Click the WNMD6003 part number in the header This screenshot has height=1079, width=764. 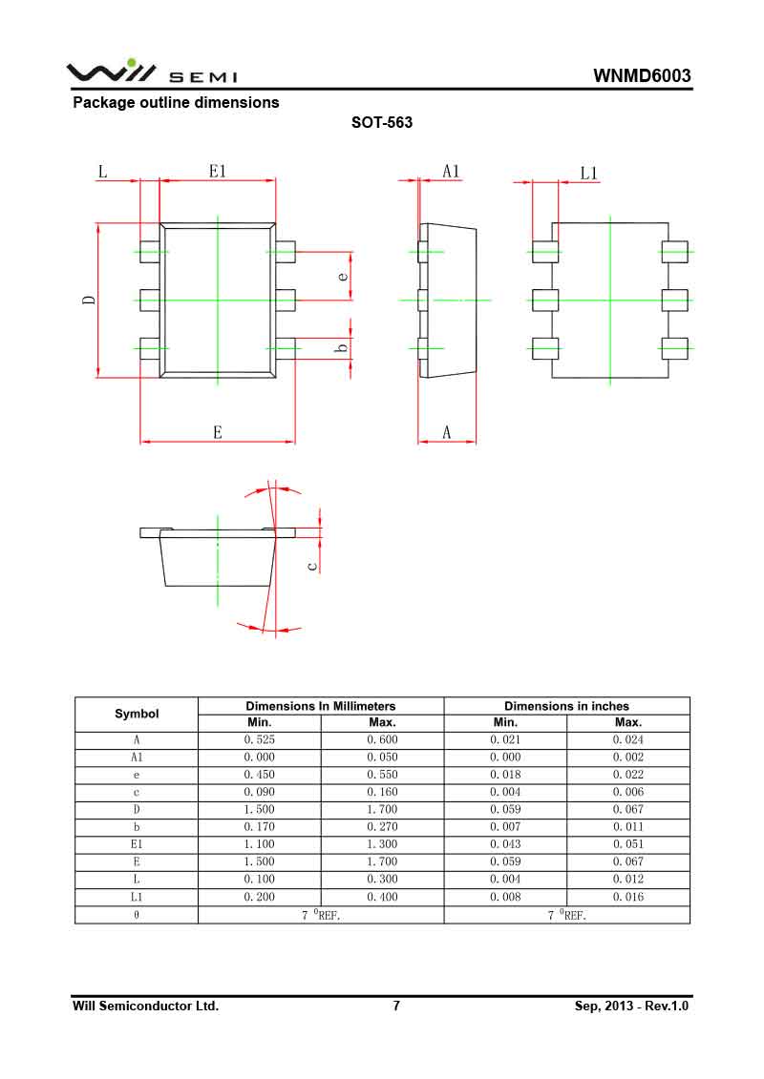click(642, 76)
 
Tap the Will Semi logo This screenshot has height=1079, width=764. click(152, 73)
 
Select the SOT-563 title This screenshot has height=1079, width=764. click(382, 122)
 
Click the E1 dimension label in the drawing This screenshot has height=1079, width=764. click(218, 172)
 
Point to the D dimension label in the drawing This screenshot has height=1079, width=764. click(89, 300)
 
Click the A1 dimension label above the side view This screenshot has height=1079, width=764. click(451, 172)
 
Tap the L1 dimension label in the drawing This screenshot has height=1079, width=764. click(589, 173)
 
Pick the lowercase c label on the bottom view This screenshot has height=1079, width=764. click(311, 566)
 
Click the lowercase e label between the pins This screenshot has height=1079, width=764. click(343, 277)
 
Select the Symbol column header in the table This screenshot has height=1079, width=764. click(137, 714)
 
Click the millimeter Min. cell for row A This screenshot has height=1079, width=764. click(260, 739)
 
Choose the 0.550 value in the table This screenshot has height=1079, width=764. click(382, 775)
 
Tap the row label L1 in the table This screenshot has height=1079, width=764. click(137, 897)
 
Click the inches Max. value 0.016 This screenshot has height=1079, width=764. click(627, 897)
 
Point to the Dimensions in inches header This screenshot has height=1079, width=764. click(566, 706)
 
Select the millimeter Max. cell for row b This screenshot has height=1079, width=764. click(382, 826)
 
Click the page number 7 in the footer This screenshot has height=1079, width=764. click(396, 1006)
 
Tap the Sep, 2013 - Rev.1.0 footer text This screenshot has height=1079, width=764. click(631, 1006)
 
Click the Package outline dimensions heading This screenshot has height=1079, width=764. click(177, 102)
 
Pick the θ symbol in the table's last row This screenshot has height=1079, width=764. click(137, 915)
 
